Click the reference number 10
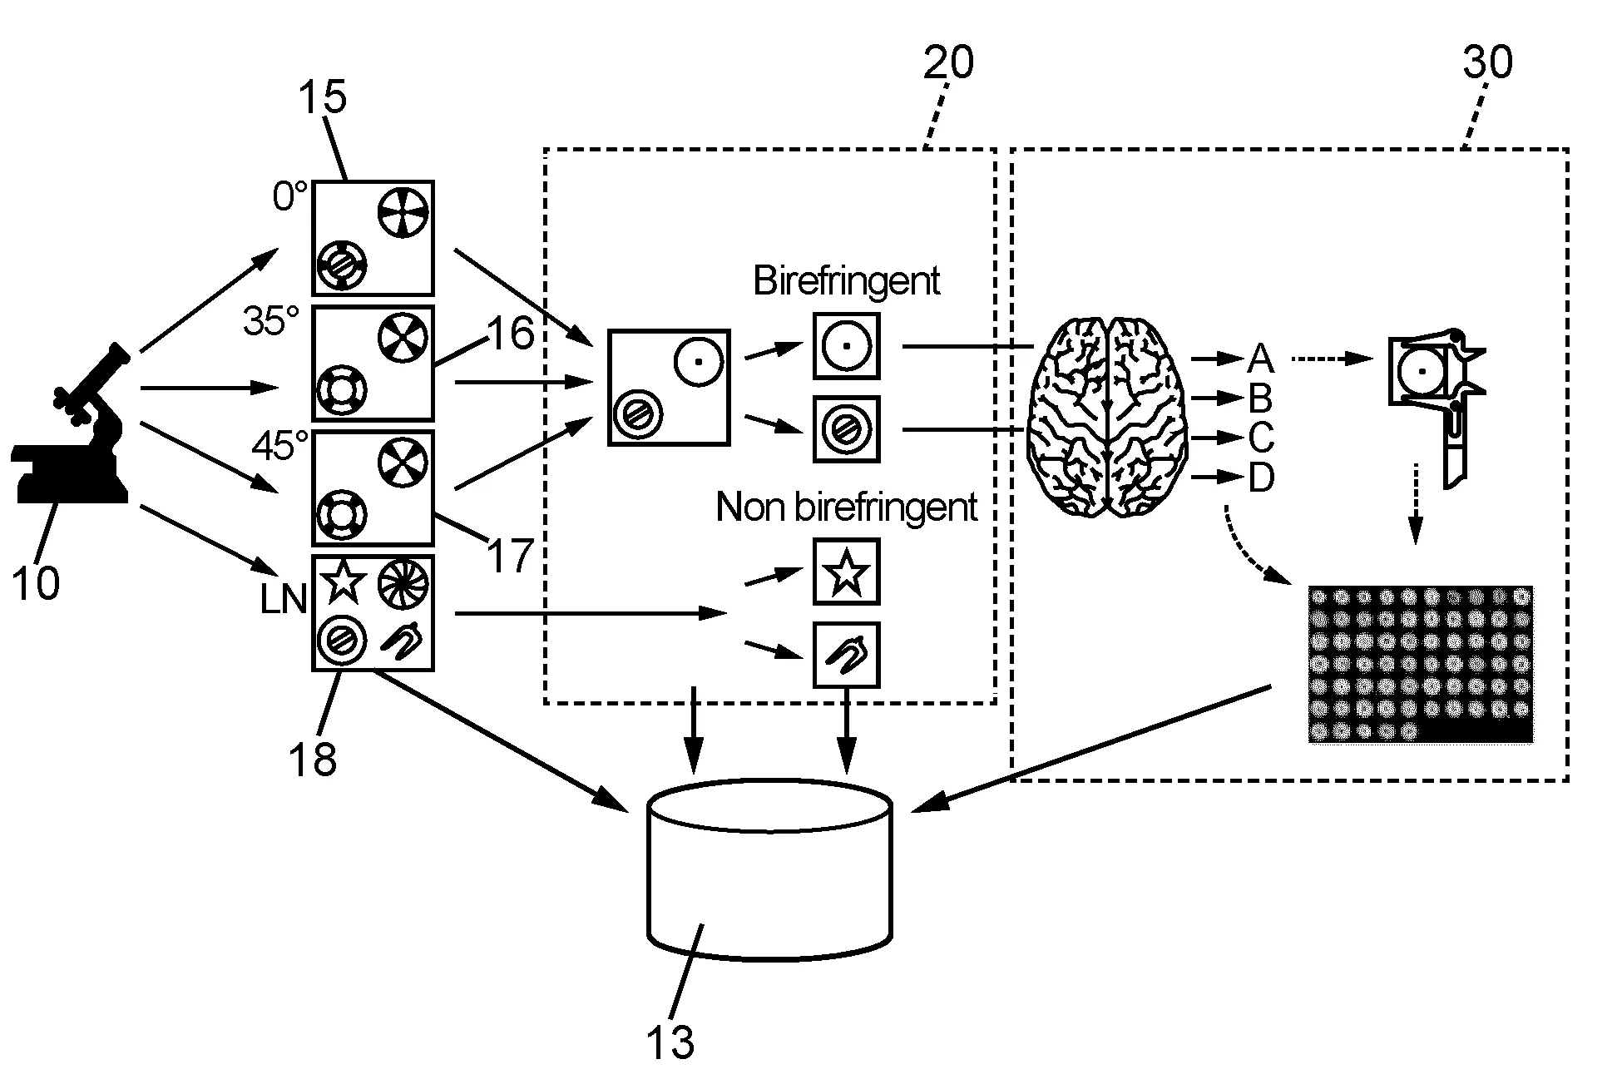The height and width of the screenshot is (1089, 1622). pos(36,582)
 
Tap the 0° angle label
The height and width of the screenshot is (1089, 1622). pos(289,197)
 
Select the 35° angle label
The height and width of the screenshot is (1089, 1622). pos(271,320)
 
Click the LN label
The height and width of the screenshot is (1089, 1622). pos(283,599)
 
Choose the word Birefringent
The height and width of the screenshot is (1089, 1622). pos(846,281)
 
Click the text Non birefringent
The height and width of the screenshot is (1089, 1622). pos(846,507)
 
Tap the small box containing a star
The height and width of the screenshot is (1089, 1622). pos(846,572)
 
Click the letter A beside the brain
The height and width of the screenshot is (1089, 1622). pos(1260,359)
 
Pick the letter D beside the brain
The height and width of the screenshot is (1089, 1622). pos(1261,478)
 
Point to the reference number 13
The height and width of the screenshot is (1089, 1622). pos(670,1041)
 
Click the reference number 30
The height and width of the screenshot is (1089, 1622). pos(1487,62)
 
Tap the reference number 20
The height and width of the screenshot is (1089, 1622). pos(948,62)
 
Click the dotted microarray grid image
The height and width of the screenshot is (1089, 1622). pos(1420,664)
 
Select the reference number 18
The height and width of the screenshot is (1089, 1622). pos(313,758)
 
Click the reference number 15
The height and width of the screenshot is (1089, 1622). pos(322,97)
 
